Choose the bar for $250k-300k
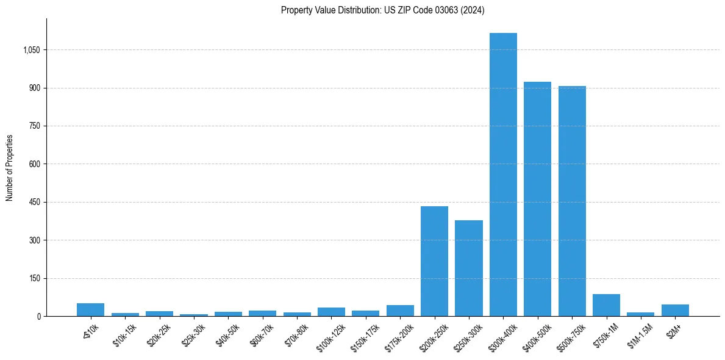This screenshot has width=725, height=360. [x=468, y=268]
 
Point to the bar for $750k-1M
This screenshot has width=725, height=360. [x=606, y=305]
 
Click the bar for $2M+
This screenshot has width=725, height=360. [x=675, y=310]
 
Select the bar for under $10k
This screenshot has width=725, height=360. [x=90, y=309]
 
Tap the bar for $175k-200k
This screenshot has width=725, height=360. [x=400, y=311]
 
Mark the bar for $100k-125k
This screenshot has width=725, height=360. [x=331, y=312]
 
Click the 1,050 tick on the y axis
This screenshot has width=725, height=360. [x=31, y=50]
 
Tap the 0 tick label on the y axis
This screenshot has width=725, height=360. [x=39, y=317]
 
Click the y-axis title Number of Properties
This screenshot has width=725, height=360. [x=10, y=168]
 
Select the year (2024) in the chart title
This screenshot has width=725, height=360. [x=471, y=10]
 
